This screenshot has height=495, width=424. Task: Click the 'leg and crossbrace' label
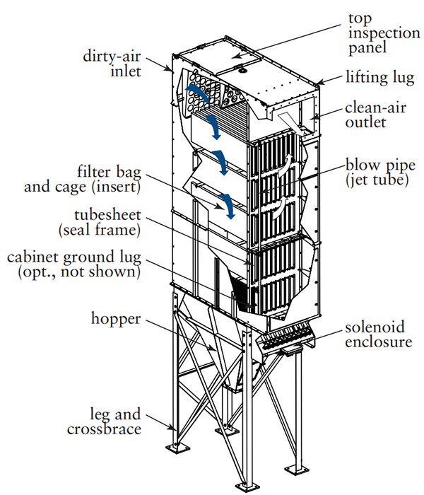point(105,421)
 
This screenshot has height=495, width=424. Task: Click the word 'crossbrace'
point(105,429)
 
